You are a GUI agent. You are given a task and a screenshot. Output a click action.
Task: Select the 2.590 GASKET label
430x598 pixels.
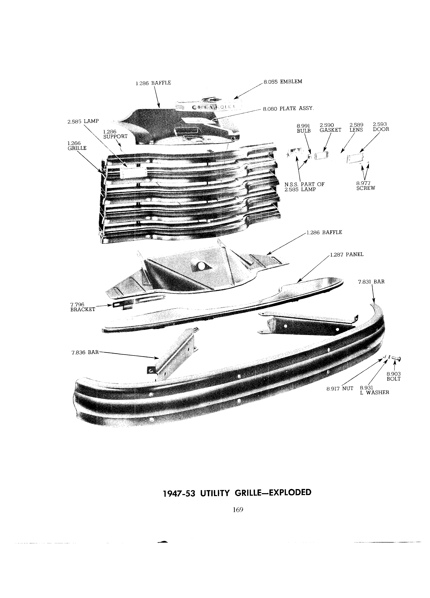point(330,128)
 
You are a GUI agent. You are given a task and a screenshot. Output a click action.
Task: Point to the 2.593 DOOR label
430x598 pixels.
point(381,127)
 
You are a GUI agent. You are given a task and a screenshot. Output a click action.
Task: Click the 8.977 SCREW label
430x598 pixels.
point(366,186)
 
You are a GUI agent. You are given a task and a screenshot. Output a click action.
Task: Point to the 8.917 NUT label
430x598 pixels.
point(340,388)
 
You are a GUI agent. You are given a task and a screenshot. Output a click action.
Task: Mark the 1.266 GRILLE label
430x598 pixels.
point(77,146)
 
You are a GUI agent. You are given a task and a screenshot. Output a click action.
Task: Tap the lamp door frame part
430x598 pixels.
point(356,159)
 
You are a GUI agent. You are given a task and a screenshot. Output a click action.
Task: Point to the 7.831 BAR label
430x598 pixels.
point(371,282)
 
